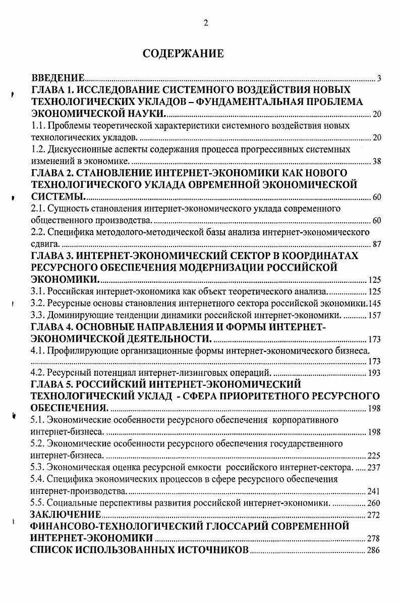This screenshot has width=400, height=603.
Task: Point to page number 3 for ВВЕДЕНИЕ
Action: point(378,79)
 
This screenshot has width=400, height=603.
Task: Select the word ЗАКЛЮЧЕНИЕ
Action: point(66,515)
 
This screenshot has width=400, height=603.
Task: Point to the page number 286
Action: point(374,550)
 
